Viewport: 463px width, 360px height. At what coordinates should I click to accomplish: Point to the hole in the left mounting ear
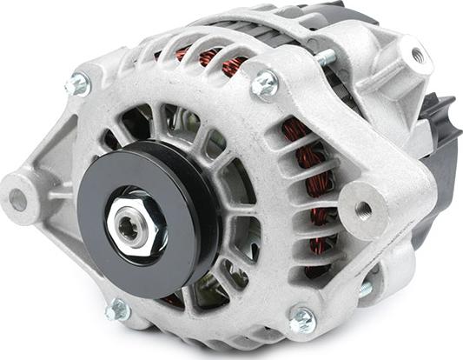tap(18, 199)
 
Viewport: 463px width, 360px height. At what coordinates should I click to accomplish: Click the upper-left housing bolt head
tap(77, 84)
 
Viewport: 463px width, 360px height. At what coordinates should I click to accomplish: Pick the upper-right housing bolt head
tap(264, 83)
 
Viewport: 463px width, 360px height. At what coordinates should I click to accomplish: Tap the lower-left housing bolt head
tap(116, 309)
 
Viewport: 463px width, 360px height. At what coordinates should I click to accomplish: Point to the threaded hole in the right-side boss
tap(362, 209)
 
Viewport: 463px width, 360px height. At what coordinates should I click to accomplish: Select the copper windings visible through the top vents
tap(208, 58)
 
